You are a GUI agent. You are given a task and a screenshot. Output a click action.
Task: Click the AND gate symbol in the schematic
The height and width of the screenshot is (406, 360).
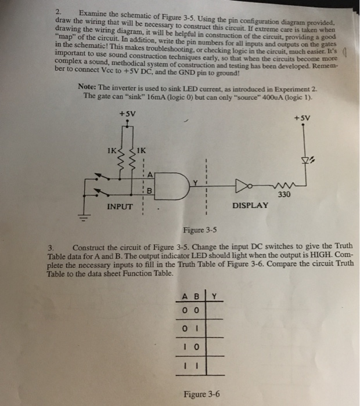174,183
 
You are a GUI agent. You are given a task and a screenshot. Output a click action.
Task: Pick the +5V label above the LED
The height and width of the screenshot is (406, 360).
303,118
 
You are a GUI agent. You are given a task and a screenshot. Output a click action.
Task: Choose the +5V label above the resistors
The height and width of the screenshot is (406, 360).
128,114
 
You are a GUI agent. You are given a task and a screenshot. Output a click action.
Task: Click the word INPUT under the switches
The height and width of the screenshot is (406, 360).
121,205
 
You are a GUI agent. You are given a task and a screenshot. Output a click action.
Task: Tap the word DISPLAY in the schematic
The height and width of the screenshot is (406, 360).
250,205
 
